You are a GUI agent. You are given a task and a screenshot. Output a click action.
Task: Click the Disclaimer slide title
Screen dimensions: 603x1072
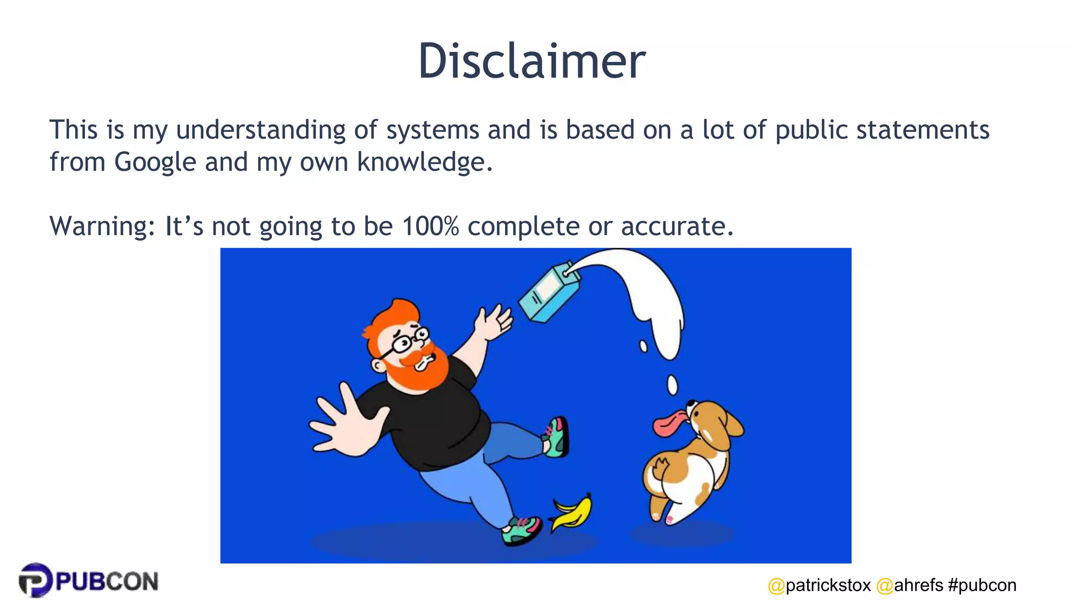point(531,61)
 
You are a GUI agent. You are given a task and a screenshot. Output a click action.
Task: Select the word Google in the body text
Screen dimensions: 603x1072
point(155,162)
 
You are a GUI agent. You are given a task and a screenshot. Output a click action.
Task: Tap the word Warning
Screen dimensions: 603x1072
point(102,227)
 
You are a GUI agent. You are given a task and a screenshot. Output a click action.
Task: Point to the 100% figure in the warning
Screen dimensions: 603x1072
point(430,226)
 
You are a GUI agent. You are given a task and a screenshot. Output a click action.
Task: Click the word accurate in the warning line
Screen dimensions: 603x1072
point(677,226)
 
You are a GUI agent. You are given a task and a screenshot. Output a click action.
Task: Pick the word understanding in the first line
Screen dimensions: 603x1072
point(261,130)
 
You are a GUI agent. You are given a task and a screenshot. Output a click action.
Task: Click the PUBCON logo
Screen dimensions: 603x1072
point(88,580)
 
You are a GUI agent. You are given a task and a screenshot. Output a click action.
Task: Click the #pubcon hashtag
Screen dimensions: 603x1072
point(982,585)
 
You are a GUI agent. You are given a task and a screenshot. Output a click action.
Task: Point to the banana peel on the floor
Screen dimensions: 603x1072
point(572,512)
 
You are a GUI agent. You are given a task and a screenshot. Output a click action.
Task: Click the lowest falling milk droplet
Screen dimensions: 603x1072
point(672,385)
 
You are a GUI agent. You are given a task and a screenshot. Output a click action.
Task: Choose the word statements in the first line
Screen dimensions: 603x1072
point(922,130)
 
